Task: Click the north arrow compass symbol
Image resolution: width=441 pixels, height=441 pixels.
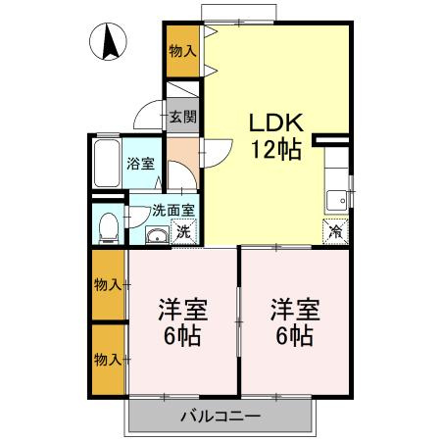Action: [109, 41]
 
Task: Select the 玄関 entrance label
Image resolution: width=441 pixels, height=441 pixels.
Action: [182, 117]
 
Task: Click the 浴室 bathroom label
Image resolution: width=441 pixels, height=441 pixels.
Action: [140, 164]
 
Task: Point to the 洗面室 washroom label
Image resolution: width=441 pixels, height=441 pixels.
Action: [173, 209]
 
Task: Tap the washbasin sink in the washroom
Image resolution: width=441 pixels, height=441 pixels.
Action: [155, 234]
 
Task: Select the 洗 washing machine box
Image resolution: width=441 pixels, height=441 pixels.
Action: [182, 233]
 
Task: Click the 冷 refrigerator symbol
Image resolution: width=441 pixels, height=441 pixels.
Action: [336, 232]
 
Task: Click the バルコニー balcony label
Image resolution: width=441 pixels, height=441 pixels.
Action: [220, 416]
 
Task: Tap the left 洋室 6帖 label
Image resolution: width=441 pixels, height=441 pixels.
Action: [182, 320]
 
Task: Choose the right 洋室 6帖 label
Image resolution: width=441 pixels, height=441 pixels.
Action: [294, 320]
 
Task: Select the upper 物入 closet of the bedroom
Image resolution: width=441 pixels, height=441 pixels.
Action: [109, 285]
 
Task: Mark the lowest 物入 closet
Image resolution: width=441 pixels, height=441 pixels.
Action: [109, 359]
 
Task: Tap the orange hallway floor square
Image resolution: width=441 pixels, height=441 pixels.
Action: [181, 153]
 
